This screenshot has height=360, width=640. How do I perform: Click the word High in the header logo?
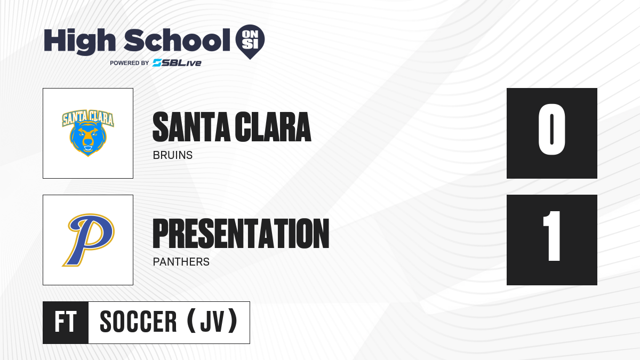point(80,42)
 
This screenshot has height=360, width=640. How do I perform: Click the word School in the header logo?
point(177,40)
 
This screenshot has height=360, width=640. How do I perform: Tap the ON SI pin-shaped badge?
point(250,42)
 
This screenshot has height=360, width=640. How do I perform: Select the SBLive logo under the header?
point(177,63)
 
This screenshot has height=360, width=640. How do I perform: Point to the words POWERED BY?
point(130,63)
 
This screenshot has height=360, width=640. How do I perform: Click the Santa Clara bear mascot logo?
point(88,133)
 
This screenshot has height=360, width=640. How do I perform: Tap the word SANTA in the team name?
point(191,127)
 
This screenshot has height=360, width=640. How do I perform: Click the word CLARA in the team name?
point(273,127)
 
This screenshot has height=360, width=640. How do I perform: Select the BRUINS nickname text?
point(173,155)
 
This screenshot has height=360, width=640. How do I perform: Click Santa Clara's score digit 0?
point(551,129)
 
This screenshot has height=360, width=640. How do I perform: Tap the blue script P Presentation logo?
point(89,240)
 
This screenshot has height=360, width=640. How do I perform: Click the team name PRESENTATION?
point(241,233)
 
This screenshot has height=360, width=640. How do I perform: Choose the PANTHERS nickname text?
point(181,262)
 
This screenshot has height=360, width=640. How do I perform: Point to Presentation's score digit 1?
point(552,236)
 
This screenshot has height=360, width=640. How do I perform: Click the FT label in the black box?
point(66,322)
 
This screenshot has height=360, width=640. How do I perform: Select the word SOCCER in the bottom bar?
point(138,322)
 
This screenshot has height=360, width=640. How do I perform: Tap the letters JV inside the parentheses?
point(212,322)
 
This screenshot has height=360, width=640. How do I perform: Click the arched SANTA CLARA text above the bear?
point(88,117)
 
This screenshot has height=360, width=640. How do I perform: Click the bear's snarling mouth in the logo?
point(87,149)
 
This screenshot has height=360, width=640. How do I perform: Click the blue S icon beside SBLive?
point(157,63)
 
